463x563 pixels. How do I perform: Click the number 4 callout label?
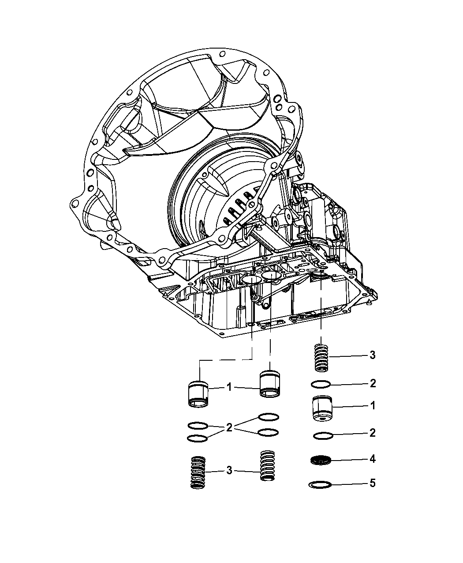(373, 459)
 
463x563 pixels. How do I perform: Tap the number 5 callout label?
(373, 484)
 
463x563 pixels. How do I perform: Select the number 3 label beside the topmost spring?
(373, 355)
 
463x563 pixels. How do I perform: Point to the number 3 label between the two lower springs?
(229, 471)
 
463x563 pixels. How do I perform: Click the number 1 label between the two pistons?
(229, 387)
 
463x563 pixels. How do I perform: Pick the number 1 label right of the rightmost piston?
(373, 405)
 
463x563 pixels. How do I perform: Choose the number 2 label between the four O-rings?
(229, 427)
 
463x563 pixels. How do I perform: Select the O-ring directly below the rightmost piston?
(322, 436)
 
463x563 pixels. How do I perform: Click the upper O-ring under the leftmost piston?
(198, 425)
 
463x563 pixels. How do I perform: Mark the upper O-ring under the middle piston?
(269, 417)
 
